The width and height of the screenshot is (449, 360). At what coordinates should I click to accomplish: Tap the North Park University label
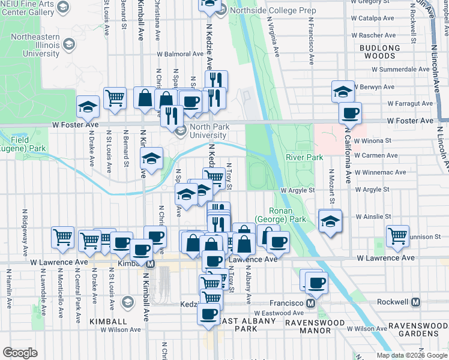pos(211,131)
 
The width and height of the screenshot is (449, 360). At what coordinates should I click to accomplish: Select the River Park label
pos(304,157)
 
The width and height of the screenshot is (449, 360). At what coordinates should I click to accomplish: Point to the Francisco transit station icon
pos(310,303)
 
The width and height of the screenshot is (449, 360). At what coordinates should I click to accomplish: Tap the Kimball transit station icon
pos(151,264)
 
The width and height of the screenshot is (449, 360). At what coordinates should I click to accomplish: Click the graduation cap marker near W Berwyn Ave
pos(343,91)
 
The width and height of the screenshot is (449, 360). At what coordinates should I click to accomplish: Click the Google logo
pos(20,352)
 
